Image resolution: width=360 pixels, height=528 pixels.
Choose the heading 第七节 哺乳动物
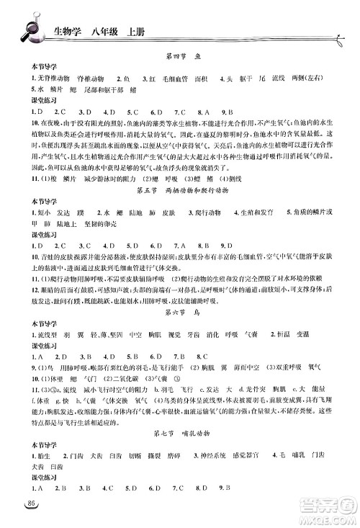pos(180,454)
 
